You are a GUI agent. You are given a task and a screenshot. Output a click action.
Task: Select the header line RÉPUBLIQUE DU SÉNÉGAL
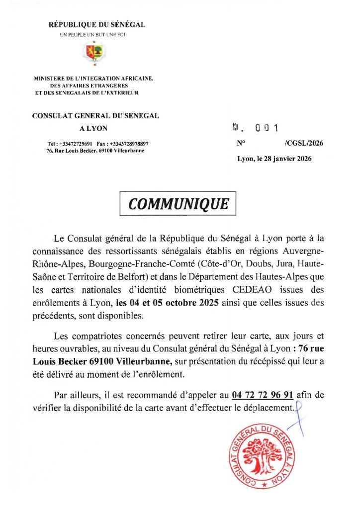tap(97, 25)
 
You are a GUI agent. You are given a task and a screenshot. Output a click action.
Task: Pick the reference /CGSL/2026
tap(304, 143)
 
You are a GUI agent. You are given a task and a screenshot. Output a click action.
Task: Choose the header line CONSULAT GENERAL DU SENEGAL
tap(95, 116)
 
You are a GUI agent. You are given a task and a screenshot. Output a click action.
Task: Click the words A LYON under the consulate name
tap(93, 128)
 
